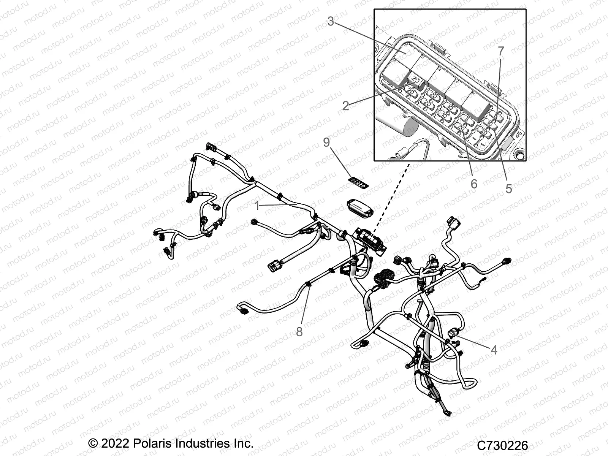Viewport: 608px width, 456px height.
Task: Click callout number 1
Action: click(257, 206)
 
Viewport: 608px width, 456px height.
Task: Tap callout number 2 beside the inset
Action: click(345, 105)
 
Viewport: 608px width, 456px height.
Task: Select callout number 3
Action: click(331, 22)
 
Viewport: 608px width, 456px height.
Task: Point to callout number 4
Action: click(494, 350)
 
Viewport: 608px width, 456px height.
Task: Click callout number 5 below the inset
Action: click(508, 188)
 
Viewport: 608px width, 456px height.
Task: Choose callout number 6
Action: click(473, 184)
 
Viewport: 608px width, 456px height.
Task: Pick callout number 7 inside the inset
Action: click(501, 51)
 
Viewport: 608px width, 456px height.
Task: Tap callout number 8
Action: click(299, 331)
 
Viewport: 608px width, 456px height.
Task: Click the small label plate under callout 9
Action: click(359, 184)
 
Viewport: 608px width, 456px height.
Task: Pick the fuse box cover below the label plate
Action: click(360, 209)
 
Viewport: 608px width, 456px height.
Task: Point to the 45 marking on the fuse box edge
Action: click(518, 134)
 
